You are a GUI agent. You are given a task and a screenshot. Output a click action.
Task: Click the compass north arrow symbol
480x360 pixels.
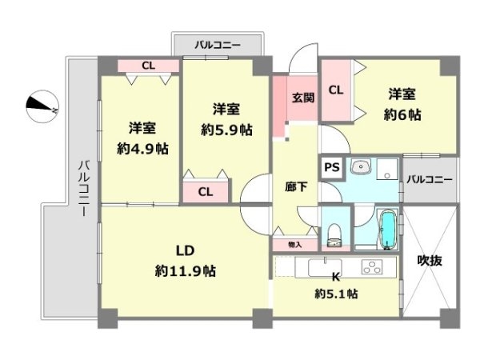(42, 106)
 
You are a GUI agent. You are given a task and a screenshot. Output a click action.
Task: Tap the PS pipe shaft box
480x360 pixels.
(332, 167)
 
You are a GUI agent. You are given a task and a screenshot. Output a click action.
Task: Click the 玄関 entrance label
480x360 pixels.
(302, 98)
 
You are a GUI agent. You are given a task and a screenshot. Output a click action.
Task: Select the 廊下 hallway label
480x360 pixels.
(296, 186)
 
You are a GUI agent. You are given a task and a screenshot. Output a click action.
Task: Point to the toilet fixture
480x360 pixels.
(334, 235)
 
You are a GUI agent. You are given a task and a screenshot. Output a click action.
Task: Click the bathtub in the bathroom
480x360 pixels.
(387, 229)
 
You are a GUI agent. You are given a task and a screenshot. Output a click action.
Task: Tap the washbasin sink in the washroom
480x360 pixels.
(361, 166)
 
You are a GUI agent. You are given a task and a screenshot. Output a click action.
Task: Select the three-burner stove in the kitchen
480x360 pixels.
(372, 266)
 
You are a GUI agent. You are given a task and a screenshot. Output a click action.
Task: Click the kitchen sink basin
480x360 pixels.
(325, 267)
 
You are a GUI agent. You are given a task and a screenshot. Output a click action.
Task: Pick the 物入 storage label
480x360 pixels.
(294, 245)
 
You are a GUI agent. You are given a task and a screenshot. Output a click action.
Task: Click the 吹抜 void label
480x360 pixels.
(430, 261)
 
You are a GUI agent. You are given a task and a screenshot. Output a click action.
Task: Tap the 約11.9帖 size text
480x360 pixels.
(186, 271)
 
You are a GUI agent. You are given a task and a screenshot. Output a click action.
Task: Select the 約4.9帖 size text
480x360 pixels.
(142, 149)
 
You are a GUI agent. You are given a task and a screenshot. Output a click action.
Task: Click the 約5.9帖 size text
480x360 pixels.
(226, 130)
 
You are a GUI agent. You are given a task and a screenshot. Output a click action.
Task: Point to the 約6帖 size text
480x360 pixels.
(402, 114)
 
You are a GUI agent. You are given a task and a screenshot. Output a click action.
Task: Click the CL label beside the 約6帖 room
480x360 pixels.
(336, 90)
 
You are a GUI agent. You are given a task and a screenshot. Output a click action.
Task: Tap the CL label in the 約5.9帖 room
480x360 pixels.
(206, 192)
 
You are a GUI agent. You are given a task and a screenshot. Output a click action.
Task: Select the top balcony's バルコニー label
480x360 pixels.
(218, 46)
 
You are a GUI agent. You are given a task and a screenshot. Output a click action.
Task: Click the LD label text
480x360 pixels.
(186, 250)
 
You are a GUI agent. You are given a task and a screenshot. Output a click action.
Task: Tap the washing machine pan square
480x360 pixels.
(387, 169)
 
